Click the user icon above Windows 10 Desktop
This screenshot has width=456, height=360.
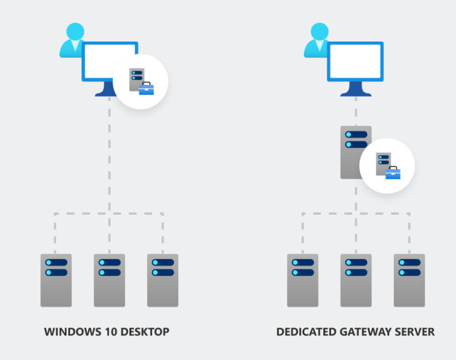pyautogui.click(x=73, y=40)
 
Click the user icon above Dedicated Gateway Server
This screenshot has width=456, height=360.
pyautogui.click(x=317, y=40)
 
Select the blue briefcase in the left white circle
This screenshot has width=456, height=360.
pyautogui.click(x=146, y=88)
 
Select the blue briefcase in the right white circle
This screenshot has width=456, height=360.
pyautogui.click(x=393, y=172)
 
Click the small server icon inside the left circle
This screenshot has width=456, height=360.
pyautogui.click(x=136, y=79)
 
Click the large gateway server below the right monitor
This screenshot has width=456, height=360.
pyautogui.click(x=355, y=152)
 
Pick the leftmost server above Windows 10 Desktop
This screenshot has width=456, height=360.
pyautogui.click(x=56, y=280)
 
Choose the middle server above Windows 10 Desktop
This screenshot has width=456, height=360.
pyautogui.click(x=109, y=280)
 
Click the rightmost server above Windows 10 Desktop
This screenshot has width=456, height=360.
pyautogui.click(x=162, y=280)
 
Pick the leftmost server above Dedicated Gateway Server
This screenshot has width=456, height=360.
pyautogui.click(x=303, y=280)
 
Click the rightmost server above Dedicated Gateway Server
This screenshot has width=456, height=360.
pyautogui.click(x=409, y=280)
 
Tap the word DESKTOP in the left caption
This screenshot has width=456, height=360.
pyautogui.click(x=144, y=332)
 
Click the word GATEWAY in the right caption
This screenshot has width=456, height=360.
pyautogui.click(x=365, y=332)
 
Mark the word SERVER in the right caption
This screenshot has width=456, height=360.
pyautogui.click(x=415, y=332)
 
